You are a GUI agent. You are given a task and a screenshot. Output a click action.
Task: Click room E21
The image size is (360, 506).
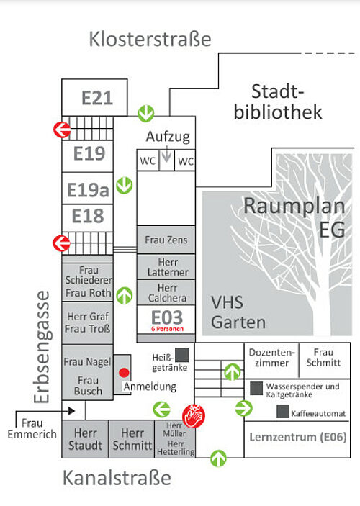point(94,97)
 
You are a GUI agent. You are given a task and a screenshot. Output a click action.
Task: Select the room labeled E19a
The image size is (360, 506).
point(88,189)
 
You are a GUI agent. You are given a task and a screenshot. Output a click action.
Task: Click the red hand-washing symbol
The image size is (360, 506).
point(194,416)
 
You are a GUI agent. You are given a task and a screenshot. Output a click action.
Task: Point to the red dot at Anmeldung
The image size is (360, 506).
point(124,373)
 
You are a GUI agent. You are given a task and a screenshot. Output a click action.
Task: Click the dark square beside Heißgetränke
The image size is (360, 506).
point(181,355)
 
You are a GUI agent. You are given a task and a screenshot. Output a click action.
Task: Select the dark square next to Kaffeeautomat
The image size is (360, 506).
point(282,412)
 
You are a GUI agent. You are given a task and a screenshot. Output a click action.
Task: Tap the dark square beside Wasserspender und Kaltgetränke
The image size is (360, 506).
point(256,389)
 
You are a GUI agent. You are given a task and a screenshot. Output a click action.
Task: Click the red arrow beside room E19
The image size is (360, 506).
point(62,130)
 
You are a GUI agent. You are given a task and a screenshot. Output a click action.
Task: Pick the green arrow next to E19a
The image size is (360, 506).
point(125,185)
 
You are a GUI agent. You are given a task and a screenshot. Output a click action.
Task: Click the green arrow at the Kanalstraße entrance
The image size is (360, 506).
point(219,458)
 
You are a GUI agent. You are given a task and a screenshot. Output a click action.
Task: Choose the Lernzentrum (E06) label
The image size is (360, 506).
point(298,438)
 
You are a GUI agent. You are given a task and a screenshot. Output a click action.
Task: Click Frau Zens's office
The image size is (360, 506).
point(166,240)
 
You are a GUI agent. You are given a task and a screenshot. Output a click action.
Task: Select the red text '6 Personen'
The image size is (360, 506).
point(167,329)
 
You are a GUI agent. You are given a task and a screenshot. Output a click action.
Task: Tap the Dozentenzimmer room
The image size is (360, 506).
point(271,361)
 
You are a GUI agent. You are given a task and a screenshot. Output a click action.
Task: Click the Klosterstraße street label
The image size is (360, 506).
point(150,39)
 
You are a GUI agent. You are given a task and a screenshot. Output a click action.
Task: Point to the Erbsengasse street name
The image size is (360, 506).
point(42,347)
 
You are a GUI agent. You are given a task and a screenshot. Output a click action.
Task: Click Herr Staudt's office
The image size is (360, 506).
point(85,439)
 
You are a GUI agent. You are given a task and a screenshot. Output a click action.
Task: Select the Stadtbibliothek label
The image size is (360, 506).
point(278,101)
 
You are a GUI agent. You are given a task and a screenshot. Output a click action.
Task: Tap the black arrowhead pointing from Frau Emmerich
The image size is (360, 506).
point(72,411)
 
